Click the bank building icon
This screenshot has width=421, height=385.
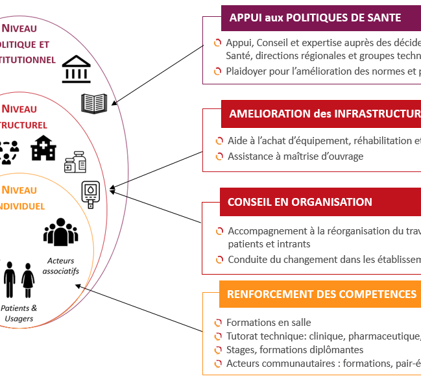[x=77, y=69]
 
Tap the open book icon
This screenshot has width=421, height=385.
[x=94, y=103]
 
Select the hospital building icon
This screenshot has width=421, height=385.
[x=43, y=148]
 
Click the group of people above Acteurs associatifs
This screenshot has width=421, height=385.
[x=60, y=232]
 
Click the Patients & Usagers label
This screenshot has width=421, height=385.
[x=19, y=313]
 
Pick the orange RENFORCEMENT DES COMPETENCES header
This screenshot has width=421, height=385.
[x=321, y=294]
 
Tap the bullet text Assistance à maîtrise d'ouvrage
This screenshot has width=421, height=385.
[x=295, y=156]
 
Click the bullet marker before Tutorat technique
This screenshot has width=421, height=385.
[x=218, y=336]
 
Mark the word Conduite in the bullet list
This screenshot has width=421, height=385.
[x=247, y=260]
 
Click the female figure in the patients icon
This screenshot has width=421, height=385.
[x=28, y=280]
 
